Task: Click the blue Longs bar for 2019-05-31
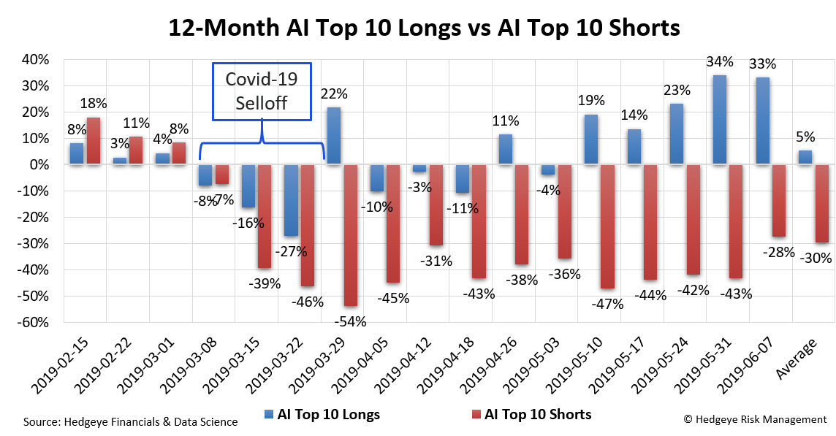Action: [x=720, y=120]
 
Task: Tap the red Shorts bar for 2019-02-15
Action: [x=94, y=141]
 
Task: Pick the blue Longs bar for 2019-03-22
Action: [x=292, y=200]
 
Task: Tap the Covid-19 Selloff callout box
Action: [x=261, y=91]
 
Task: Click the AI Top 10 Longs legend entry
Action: [x=321, y=414]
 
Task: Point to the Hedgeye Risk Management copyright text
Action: [x=755, y=419]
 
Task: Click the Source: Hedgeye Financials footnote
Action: [x=130, y=421]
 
